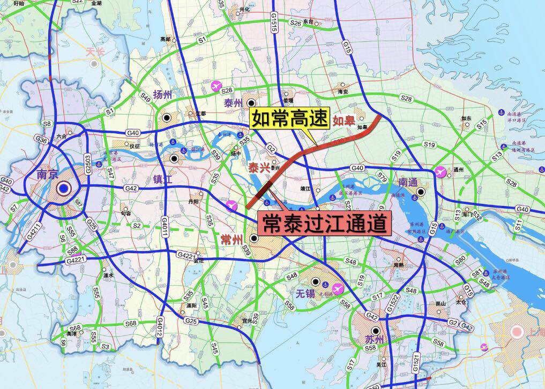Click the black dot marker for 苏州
pyautogui.click(x=376, y=332)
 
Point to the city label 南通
pyautogui.click(x=408, y=182)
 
